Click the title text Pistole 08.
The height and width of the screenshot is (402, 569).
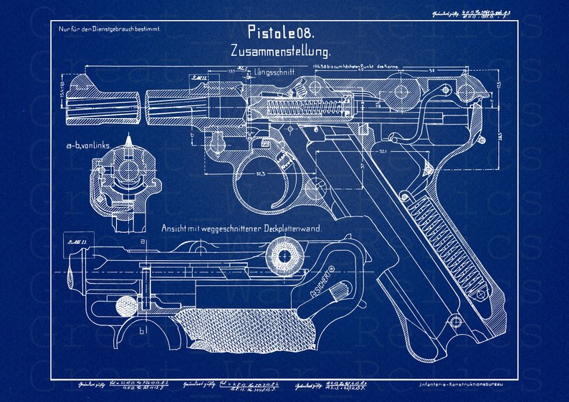280,32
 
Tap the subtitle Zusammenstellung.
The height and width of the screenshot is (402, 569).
280,52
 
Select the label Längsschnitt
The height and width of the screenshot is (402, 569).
273,72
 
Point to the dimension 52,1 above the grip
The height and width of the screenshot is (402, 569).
383,152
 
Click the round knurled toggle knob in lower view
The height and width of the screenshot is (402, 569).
284,256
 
